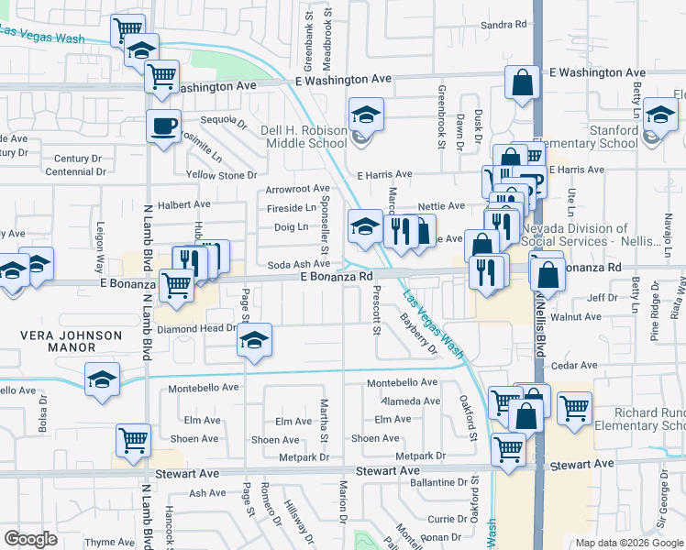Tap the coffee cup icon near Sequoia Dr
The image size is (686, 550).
tap(164, 126)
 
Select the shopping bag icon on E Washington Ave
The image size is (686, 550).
tap(522, 82)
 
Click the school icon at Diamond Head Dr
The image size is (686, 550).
tap(254, 341)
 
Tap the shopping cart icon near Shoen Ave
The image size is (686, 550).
tap(133, 440)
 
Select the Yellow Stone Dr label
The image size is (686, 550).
tap(221, 175)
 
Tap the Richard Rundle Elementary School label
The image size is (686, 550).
tap(638, 419)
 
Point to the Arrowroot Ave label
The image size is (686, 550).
tap(297, 189)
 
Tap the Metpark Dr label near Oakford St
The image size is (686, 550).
tap(420, 456)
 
